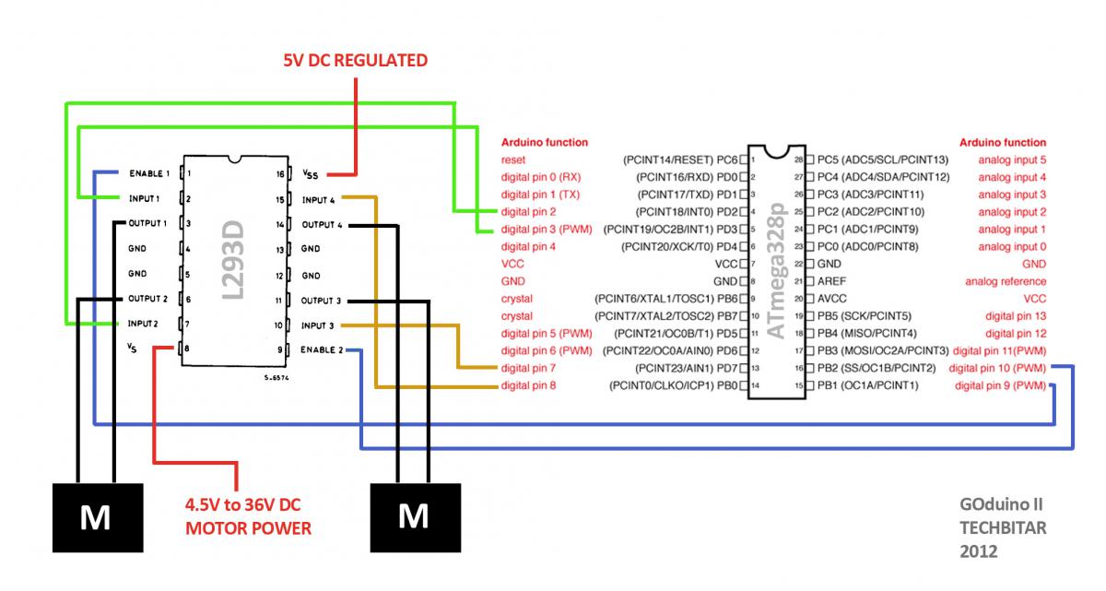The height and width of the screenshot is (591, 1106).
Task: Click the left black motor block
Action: point(98,517)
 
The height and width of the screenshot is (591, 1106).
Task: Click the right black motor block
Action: point(416,517)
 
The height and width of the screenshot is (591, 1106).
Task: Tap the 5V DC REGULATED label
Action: point(356,60)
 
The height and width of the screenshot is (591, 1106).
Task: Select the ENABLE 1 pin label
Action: point(149,173)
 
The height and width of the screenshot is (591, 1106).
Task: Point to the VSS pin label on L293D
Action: point(310,174)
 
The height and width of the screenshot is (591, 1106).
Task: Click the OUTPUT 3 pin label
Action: point(321,301)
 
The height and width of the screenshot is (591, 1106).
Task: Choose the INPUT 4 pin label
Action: point(319,200)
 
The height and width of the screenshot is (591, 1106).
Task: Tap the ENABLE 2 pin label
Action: point(322,349)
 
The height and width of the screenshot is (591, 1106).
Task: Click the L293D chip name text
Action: point(233,260)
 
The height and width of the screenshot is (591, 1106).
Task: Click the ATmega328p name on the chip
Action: point(777,270)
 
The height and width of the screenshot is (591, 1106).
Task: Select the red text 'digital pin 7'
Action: point(528,368)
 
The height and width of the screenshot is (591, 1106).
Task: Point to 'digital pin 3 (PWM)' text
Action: point(547,229)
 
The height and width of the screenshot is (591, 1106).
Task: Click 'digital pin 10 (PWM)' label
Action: point(997,368)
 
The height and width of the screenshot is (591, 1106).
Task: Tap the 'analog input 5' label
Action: point(1012,160)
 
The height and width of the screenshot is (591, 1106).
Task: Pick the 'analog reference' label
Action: point(1006,281)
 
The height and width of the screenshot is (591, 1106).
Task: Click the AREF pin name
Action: point(831,281)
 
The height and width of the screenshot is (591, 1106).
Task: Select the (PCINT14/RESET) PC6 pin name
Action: point(680,160)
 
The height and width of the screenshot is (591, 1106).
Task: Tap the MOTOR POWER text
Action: point(248,528)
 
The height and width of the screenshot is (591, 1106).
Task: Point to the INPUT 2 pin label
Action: point(143,324)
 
